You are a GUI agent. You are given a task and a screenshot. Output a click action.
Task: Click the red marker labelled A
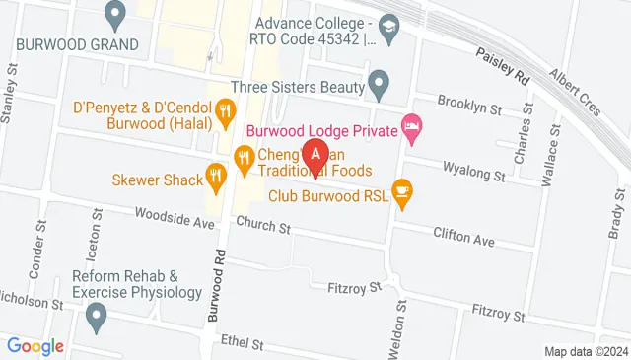point(315,155)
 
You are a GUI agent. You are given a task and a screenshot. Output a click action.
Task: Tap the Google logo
point(35,346)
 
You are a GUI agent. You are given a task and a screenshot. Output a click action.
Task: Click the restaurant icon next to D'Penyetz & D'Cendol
point(227,109)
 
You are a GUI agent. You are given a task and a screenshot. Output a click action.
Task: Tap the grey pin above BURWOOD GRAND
point(116,15)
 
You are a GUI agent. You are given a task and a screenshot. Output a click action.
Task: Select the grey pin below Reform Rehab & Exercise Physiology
point(96,317)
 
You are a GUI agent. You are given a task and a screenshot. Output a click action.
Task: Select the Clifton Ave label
point(463,238)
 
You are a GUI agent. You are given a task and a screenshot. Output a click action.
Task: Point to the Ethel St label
point(245,344)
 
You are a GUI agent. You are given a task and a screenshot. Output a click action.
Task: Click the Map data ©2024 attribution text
point(586,351)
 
